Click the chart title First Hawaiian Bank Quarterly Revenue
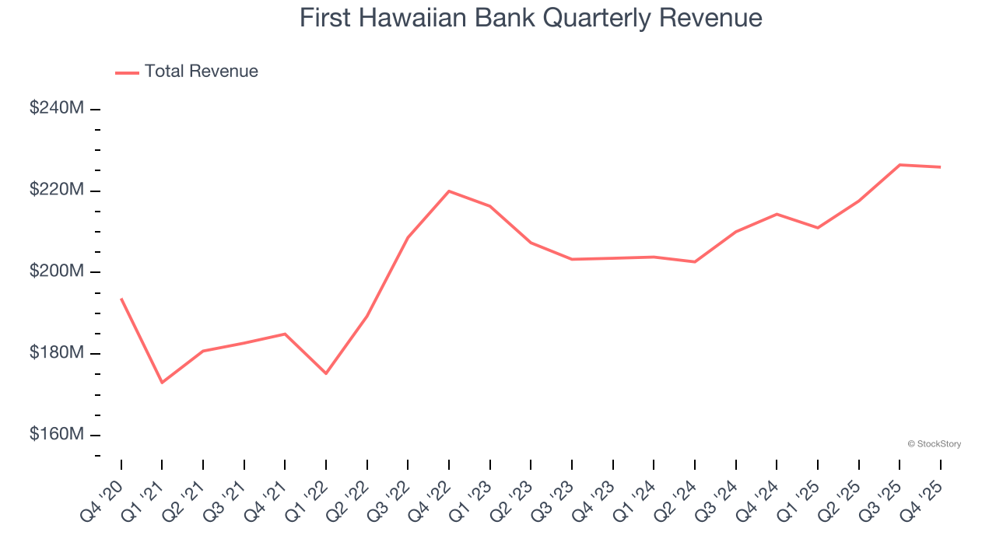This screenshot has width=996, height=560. [531, 18]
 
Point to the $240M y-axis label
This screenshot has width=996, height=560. [57, 108]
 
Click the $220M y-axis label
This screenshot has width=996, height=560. [57, 190]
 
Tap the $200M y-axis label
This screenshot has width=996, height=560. [57, 271]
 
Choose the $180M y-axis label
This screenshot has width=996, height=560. [57, 353]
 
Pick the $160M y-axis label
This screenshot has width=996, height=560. [57, 434]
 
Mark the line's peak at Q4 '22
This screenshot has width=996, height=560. [449, 191]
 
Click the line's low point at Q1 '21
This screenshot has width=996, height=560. [162, 383]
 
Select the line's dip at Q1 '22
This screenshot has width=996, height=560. [326, 373]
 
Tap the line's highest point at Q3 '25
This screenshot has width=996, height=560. [900, 165]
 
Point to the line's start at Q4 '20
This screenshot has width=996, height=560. [121, 299]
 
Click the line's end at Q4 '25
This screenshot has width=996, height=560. [940, 167]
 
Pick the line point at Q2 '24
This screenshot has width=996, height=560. [694, 262]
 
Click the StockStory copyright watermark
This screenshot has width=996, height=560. [934, 444]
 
